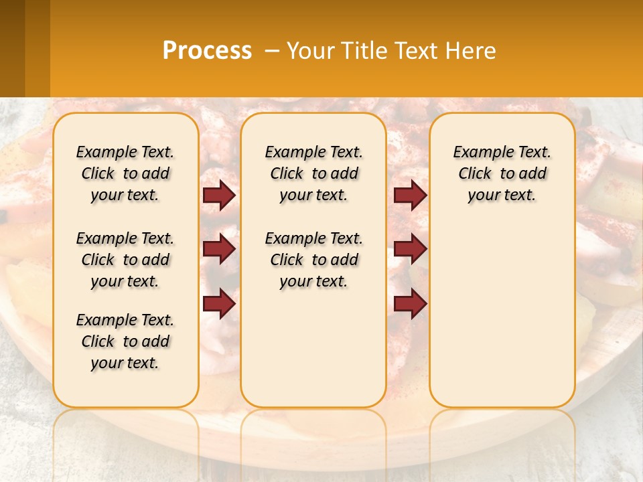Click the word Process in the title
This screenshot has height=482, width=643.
pos(207,50)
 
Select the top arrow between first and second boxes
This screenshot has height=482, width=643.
pos(219,195)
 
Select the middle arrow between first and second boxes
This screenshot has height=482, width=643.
pos(219,250)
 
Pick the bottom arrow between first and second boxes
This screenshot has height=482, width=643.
pos(219,304)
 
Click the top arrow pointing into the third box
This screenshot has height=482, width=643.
pos(410,195)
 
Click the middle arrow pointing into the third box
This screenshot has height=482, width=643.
pos(410,250)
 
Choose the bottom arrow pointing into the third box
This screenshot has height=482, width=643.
pos(410,304)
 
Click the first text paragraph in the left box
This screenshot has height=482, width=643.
pos(125,173)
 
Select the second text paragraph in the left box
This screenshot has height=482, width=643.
pos(125,260)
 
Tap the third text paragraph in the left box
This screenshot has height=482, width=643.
pos(125,341)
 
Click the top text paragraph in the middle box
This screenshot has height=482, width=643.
pos(313,173)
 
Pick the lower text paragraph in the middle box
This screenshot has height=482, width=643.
pos(313,260)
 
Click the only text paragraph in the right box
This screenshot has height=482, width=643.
pos(502,173)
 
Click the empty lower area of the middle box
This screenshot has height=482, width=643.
pos(313,348)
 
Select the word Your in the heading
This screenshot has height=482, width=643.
pos(310,50)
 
